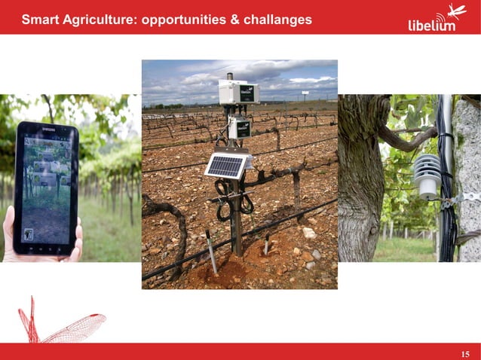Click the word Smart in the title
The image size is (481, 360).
coord(40,20)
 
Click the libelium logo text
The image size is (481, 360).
coord(431,25)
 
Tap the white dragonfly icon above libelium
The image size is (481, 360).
coord(455,11)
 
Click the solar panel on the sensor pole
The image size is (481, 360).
coord(225,166)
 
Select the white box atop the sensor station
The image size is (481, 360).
coord(238,92)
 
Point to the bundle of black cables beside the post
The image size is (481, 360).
coord(446,188)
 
